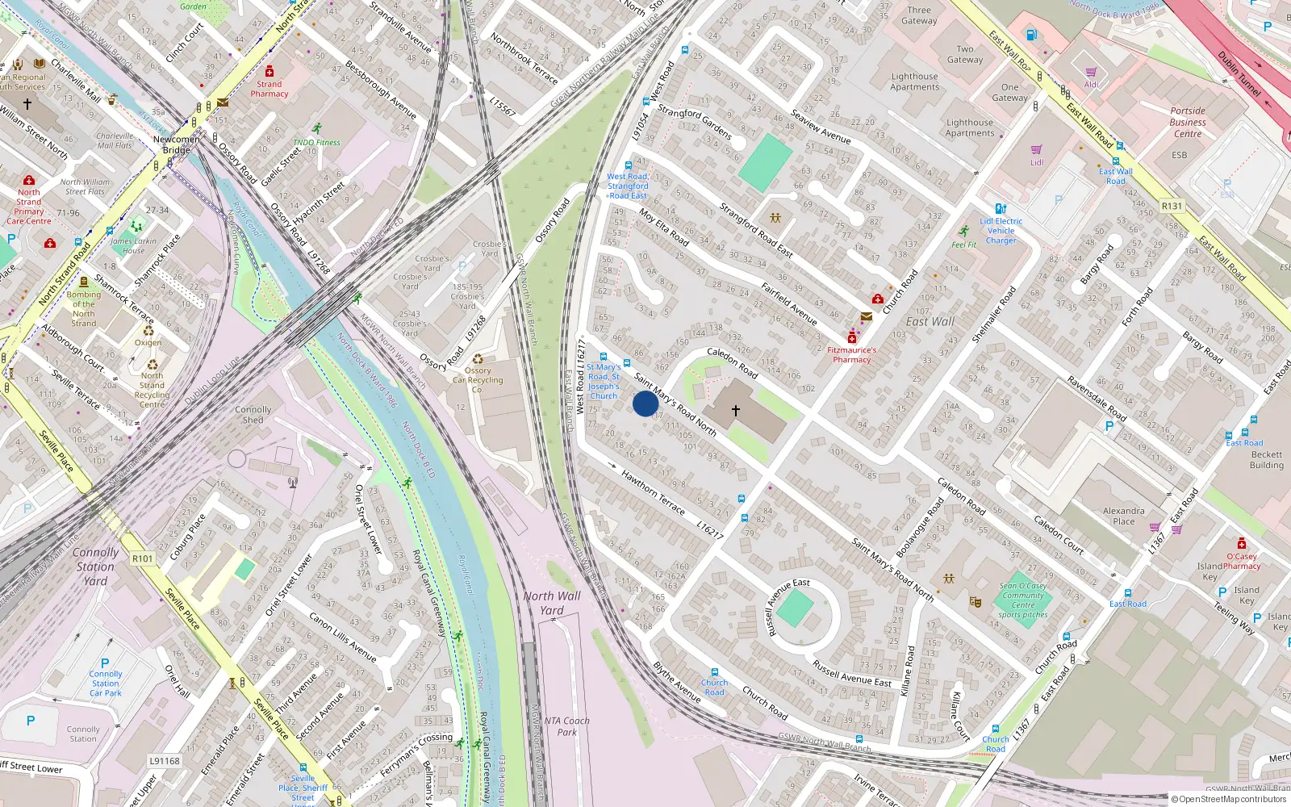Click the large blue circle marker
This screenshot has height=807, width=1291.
pos(645,403)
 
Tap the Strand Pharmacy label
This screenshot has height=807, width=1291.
pos(269,89)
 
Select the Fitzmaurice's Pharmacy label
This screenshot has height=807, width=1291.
pos(851,355)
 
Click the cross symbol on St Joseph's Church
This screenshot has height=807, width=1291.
pos(735,411)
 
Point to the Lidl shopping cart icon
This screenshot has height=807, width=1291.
pos(1036,149)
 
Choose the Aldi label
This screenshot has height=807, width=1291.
pos(1092,85)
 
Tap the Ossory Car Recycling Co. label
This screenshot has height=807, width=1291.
pos(478,379)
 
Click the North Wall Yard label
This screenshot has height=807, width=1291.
pos(552,603)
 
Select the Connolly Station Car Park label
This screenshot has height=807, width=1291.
pos(106,683)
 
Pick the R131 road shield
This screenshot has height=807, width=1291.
pos(1172,207)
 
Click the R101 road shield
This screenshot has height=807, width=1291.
pos(142,558)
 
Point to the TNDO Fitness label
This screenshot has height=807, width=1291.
pos(316,143)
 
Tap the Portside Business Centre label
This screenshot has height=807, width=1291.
pos(1188,123)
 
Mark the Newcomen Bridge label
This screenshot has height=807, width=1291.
pos(176,144)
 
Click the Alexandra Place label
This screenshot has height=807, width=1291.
pos(1123,516)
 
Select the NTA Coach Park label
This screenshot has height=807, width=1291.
pos(566,726)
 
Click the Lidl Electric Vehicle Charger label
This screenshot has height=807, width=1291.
pos(1001,231)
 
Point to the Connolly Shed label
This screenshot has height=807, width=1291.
pos(253,415)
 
